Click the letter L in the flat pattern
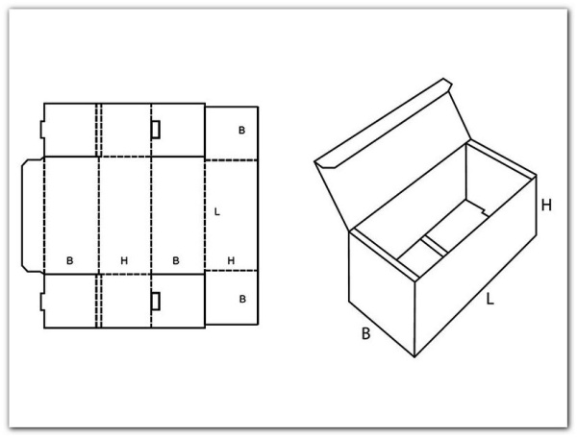click(x=217, y=211)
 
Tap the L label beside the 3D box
click(x=489, y=299)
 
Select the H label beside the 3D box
click(x=546, y=206)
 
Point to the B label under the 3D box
click(x=365, y=333)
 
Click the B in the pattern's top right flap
click(x=241, y=130)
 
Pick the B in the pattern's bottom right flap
click(x=242, y=299)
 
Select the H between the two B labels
click(x=124, y=260)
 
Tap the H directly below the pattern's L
click(x=231, y=260)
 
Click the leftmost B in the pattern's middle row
click(x=69, y=260)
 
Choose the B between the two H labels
click(x=176, y=260)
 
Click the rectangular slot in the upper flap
click(x=156, y=130)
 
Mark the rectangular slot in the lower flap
click(x=156, y=301)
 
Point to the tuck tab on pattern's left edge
click(x=33, y=216)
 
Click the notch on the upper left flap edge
click(x=42, y=130)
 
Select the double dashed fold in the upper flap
click(x=99, y=130)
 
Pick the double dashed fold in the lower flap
click(x=99, y=301)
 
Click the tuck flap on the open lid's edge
click(x=383, y=123)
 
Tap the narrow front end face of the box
click(x=382, y=293)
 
